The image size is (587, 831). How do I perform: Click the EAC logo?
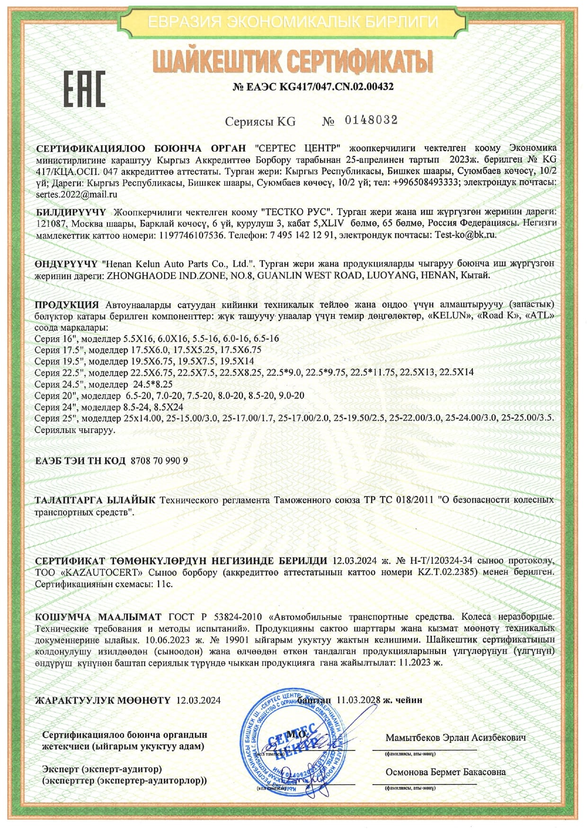pos(84,90)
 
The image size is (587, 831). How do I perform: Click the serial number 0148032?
pos(371,120)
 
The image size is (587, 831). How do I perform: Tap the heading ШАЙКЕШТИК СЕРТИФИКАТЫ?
pos(293,62)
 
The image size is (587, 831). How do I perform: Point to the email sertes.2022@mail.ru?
pos(76,194)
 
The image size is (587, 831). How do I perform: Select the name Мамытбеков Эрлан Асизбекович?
pos(455,738)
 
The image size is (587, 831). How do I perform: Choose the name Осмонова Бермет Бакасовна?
pos(445,772)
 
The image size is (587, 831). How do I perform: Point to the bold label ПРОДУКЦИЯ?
pos(67,304)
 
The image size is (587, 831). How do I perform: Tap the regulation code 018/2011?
pos(411,500)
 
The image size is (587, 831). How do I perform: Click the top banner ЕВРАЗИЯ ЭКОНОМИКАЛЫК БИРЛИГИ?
pos(293,22)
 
